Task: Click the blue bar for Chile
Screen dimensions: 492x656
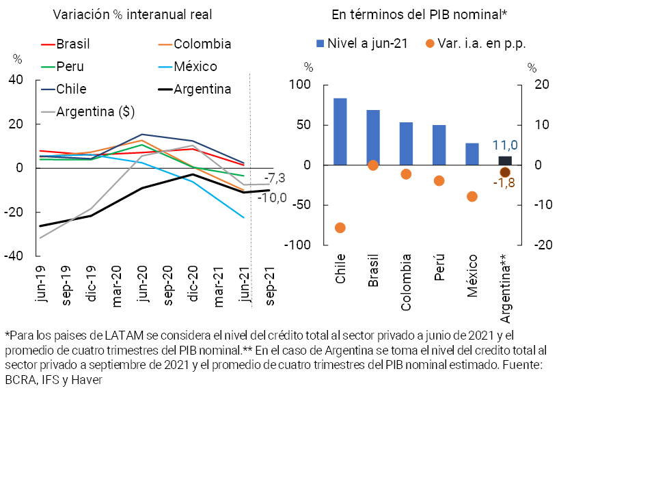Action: [340, 131]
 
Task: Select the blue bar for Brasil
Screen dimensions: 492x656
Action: [373, 137]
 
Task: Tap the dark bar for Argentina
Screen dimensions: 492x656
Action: [505, 161]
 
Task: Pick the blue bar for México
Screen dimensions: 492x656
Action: [472, 154]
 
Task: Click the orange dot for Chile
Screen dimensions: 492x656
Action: [340, 228]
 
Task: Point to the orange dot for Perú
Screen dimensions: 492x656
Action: [439, 180]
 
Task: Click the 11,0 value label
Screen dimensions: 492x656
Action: [504, 146]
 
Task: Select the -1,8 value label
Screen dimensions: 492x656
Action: [504, 183]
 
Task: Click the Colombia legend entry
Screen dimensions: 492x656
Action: [202, 44]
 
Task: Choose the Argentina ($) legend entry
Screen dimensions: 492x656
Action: [94, 111]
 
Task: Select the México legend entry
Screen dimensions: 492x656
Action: [195, 67]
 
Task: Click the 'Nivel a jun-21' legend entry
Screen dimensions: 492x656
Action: [367, 44]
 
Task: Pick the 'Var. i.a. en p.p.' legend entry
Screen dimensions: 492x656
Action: [482, 44]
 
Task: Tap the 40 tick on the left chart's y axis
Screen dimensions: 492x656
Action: [16, 80]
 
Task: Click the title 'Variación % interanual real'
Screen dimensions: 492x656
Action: [132, 14]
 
